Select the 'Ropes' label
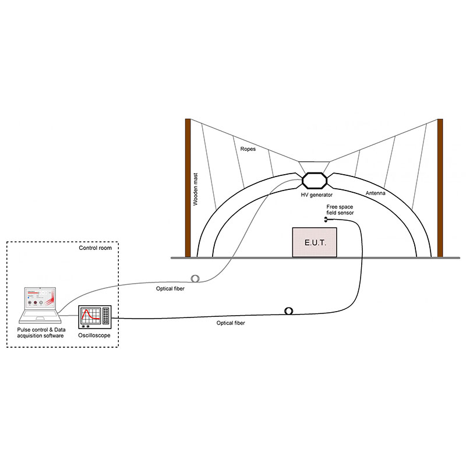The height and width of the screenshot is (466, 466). tap(249, 149)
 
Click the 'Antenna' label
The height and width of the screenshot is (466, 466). tap(377, 193)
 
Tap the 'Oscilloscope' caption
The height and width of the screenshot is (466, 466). tap(94, 336)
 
